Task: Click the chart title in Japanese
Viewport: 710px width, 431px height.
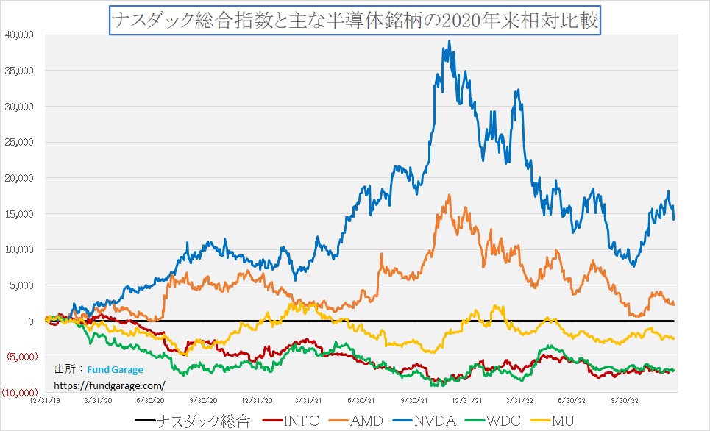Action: (355, 21)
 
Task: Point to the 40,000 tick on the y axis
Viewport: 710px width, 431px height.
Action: (20, 35)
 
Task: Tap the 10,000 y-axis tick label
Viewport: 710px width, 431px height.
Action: (20, 249)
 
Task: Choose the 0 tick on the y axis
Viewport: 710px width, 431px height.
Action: (31, 321)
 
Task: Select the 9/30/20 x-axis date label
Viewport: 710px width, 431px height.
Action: (202, 402)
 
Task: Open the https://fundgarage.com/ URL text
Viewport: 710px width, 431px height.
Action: (110, 385)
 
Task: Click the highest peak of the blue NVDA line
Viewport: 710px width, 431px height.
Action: (449, 41)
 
